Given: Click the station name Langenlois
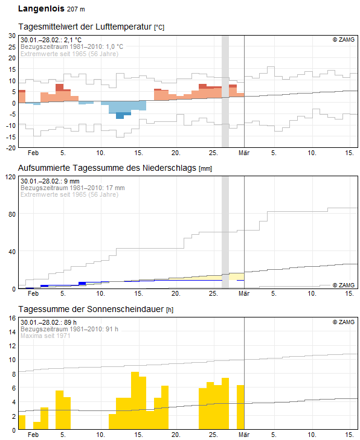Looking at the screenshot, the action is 41,8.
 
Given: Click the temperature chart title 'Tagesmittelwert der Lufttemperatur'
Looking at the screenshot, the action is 85,27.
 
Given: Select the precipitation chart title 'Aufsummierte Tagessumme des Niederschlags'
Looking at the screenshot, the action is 107,168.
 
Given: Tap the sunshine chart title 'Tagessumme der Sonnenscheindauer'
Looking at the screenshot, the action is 91,309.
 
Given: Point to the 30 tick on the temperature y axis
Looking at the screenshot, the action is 12,36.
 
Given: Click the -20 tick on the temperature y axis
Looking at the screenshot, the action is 11,148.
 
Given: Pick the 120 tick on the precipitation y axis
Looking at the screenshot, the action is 11,177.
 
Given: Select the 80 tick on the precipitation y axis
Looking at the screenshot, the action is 12,214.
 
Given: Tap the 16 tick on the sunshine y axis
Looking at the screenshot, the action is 12,318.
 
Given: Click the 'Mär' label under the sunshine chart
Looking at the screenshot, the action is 244,435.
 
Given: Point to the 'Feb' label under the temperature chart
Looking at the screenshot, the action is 33,153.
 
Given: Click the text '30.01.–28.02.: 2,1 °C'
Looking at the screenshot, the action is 51,40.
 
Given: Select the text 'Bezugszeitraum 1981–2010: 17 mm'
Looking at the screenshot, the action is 72,188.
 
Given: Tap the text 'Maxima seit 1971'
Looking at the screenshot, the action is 45,336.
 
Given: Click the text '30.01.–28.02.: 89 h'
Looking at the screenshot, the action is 48,322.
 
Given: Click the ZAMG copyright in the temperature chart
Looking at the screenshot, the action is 344,40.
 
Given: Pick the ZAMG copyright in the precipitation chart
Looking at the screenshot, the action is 344,285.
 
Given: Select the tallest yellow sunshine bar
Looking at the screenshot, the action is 135,400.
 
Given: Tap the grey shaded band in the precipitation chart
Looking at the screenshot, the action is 225,232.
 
